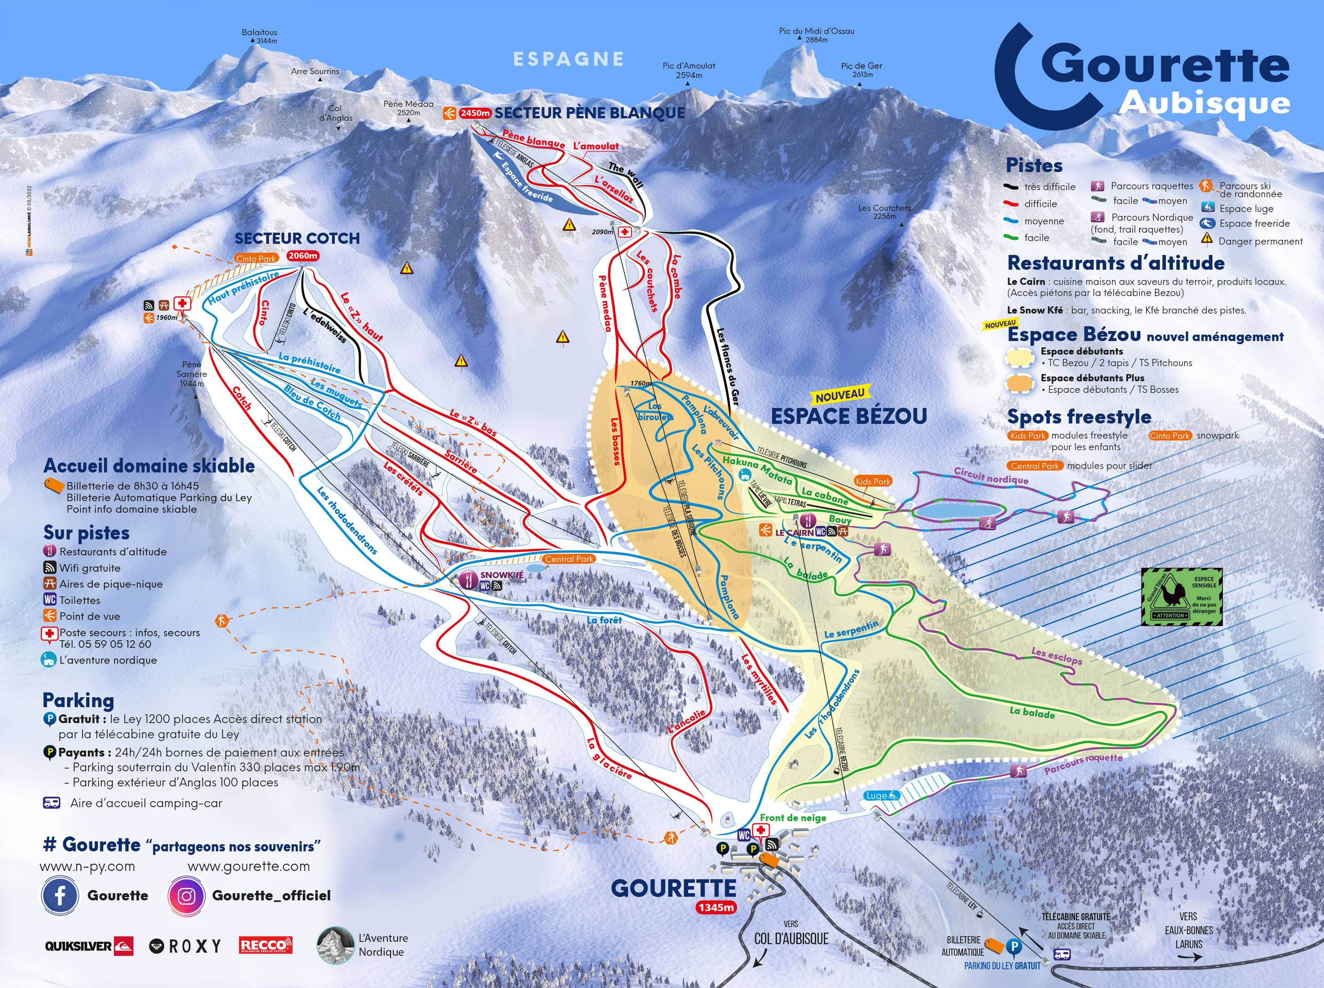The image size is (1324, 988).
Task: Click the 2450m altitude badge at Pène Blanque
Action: [475, 113]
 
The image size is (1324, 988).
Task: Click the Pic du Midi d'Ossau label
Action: [816, 31]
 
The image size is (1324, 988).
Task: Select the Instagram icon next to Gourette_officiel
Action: [187, 895]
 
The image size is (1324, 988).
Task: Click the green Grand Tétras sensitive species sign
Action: [1181, 597]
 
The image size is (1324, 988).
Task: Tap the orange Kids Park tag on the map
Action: [873, 481]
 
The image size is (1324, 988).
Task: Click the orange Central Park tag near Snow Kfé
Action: [569, 559]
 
